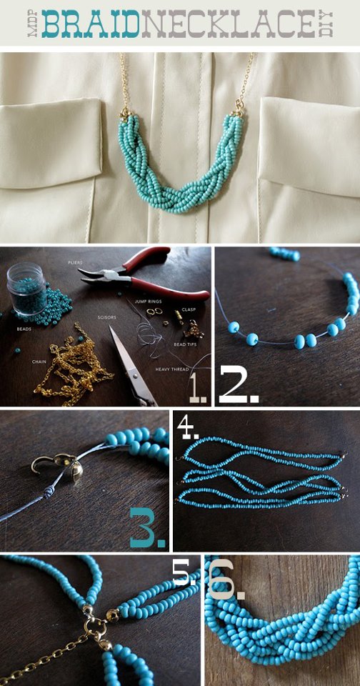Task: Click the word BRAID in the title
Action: point(90,24)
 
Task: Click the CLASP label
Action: point(188,310)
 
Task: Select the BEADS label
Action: point(24,330)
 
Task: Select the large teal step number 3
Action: point(149,527)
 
